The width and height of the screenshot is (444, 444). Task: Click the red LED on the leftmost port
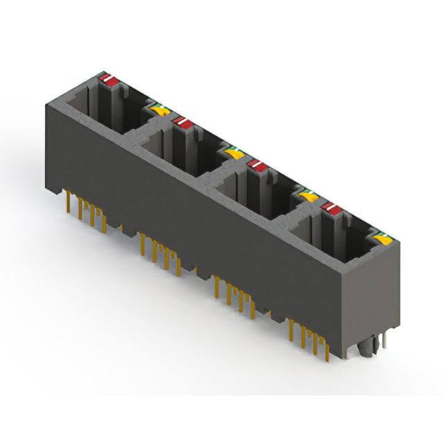click(108, 80)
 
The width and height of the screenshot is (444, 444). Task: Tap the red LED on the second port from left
click(183, 123)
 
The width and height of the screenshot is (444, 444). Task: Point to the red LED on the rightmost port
click(331, 207)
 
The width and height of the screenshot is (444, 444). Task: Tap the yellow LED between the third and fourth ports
click(309, 197)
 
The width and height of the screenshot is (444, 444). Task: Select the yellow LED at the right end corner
click(380, 241)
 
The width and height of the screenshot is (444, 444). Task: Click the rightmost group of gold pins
click(309, 337)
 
